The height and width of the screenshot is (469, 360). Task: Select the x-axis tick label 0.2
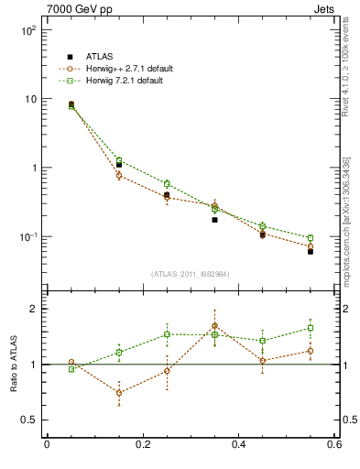(x=142, y=446)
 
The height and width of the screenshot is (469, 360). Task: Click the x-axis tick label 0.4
(x=238, y=446)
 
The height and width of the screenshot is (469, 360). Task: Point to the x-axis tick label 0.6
(x=334, y=446)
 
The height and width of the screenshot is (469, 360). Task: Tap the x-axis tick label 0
(x=47, y=446)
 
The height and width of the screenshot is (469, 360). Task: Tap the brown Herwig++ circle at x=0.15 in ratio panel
(x=119, y=392)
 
